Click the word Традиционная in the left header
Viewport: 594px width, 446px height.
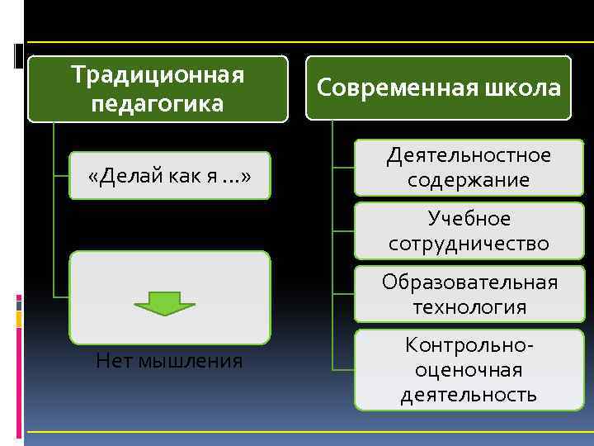click(158, 75)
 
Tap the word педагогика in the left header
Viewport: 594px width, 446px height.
click(158, 104)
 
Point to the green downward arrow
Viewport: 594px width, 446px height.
click(164, 303)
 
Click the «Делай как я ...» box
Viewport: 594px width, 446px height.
click(169, 176)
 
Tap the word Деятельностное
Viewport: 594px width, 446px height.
click(469, 155)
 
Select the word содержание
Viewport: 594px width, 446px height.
click(469, 180)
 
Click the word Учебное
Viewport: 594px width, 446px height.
click(469, 219)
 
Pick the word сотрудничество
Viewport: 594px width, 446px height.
click(469, 244)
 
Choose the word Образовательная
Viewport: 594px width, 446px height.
click(469, 282)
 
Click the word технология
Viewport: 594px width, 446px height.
click(469, 307)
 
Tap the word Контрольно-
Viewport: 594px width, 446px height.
click(469, 345)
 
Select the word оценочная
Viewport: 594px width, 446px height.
click(469, 370)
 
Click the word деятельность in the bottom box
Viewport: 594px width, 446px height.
click(469, 395)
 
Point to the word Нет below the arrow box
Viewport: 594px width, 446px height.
click(114, 360)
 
